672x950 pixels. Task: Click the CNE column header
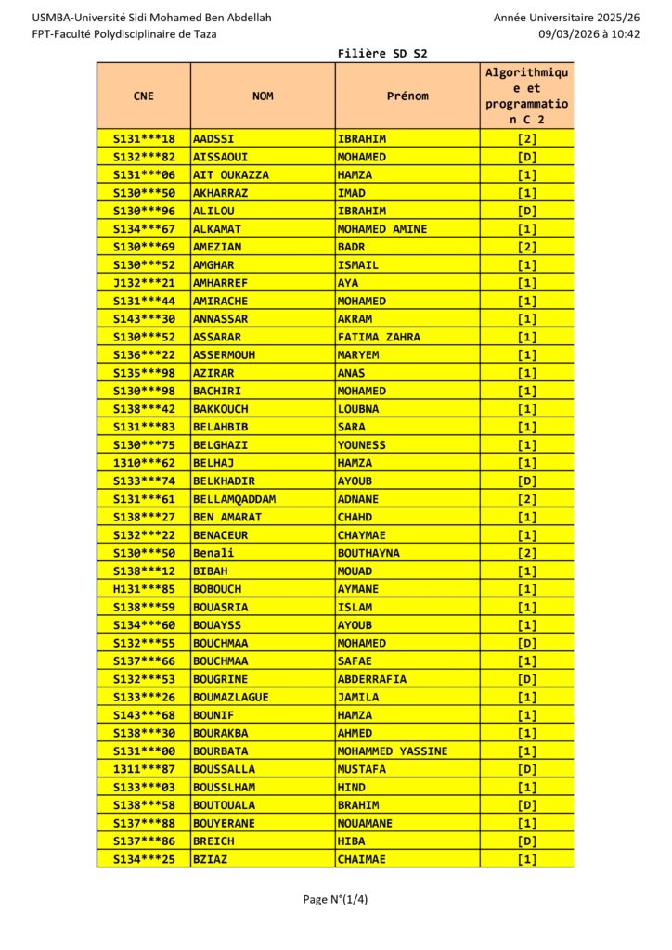144,96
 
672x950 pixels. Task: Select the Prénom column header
407,96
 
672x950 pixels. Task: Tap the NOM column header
263,96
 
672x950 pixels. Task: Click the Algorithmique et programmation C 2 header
527,96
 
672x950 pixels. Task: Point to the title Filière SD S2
382,54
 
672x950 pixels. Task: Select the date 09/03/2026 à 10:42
590,33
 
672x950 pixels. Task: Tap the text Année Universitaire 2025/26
567,18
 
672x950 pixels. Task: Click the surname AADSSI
213,139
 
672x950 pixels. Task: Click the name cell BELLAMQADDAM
234,499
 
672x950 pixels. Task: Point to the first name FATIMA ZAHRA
379,337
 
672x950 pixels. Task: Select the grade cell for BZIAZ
527,859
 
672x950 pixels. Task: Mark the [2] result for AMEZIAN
527,247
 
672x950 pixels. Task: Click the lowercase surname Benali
213,553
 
